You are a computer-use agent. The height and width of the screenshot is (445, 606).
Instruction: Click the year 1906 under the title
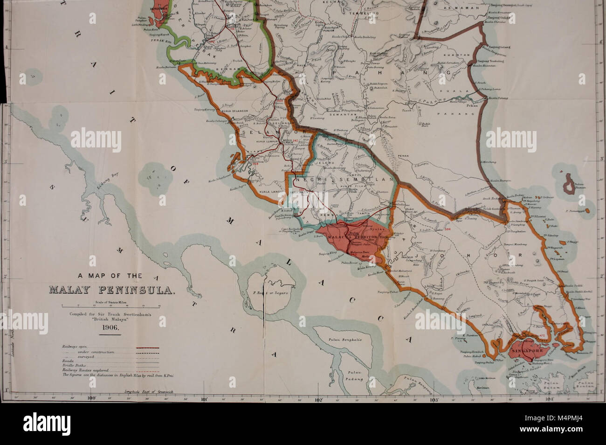click(111, 327)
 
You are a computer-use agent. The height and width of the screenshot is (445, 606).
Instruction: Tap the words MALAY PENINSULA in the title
click(111, 292)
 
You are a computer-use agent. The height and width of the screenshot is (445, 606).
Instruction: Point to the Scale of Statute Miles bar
click(111, 306)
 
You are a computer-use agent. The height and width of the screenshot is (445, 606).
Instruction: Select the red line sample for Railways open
click(148, 348)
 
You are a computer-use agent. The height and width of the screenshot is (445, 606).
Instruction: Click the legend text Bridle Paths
click(70, 365)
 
